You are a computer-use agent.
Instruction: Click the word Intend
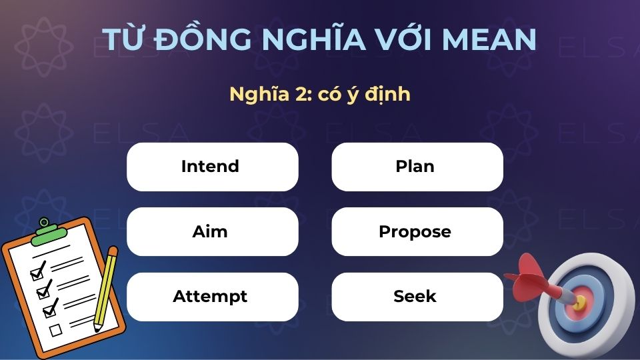click(210, 167)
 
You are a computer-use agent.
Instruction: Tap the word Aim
click(210, 232)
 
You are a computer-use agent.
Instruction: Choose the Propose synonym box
click(415, 232)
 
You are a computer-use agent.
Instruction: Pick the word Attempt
click(210, 297)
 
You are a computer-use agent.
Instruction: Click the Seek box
click(415, 297)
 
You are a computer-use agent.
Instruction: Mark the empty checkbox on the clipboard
click(56, 329)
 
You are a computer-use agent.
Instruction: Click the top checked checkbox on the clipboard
click(37, 273)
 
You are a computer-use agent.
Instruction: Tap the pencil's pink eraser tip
click(113, 252)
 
